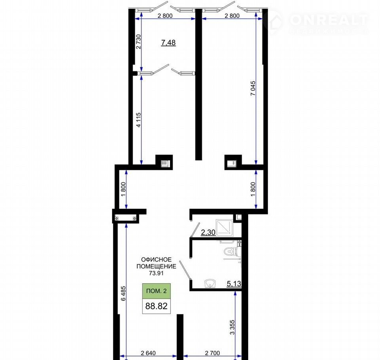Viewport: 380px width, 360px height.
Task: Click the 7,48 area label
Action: (169, 43)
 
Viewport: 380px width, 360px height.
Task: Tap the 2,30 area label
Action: (208, 232)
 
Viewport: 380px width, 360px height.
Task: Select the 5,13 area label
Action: (234, 283)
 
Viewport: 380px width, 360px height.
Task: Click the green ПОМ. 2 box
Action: (156, 291)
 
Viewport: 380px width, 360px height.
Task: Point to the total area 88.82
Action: (156, 306)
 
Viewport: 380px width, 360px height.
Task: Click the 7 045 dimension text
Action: (253, 88)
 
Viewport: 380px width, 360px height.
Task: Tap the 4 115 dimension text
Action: (139, 120)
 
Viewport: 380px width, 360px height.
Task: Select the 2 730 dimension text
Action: (139, 42)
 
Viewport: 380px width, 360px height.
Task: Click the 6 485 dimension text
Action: (123, 294)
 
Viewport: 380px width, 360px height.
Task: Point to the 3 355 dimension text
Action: (232, 327)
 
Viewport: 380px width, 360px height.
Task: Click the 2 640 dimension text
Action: (148, 353)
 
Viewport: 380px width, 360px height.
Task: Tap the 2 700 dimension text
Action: (213, 353)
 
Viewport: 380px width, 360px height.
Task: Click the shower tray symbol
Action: (224, 227)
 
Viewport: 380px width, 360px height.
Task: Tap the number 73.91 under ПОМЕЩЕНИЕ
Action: (156, 273)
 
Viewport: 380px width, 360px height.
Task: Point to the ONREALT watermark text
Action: (329, 20)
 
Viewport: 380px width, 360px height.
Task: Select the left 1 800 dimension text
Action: (123, 189)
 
